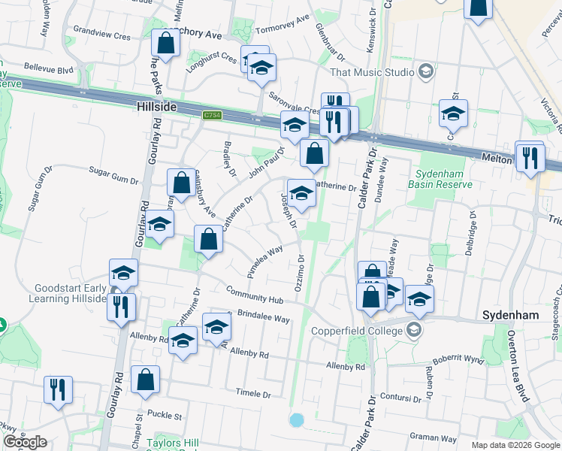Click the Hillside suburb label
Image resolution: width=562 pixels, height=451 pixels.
pyautogui.click(x=156, y=107)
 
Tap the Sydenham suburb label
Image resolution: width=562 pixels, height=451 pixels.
pyautogui.click(x=511, y=315)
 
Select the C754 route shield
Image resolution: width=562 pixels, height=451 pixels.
pyautogui.click(x=213, y=116)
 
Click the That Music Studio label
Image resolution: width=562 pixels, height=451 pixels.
pyautogui.click(x=372, y=72)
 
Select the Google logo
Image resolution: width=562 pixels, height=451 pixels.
pyautogui.click(x=25, y=442)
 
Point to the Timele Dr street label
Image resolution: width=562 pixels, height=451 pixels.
pyautogui.click(x=252, y=393)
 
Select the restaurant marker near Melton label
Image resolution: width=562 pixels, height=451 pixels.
pyautogui.click(x=530, y=157)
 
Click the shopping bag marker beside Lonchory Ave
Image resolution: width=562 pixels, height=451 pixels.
pyautogui.click(x=166, y=43)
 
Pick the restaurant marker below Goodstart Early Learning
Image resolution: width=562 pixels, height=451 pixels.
pyautogui.click(x=120, y=307)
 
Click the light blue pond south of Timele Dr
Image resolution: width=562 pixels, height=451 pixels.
pyautogui.click(x=297, y=419)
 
